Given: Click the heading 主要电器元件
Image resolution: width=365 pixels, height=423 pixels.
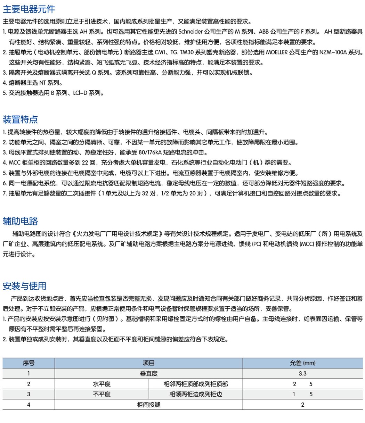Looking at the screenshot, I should pos(29,9).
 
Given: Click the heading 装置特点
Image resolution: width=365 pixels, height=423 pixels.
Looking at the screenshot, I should pos(20,119).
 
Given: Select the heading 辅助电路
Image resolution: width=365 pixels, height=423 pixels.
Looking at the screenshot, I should pos(20,221).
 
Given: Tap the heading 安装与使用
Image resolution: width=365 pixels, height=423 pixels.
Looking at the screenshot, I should pos(24,286).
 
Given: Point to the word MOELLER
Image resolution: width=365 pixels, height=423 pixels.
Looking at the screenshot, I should pos(278,52).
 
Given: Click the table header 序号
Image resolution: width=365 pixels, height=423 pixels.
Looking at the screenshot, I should pos(29,363).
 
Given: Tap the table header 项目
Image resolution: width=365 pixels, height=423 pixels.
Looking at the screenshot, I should pos(149,363).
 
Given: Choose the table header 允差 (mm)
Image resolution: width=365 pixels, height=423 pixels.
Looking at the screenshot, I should pos(302,363).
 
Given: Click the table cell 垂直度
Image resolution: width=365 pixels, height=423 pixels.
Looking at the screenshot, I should pos(149,374).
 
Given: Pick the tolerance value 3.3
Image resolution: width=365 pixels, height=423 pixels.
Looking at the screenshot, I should pos(302,374).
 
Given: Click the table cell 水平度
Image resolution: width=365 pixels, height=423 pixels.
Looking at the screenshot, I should pos(102,384).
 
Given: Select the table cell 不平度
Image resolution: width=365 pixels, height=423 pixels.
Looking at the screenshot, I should pos(102,394).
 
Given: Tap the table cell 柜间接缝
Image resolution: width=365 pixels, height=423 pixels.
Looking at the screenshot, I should pos(149,405).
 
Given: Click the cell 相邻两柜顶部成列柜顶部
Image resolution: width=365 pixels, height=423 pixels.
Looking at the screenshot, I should pos(196,384).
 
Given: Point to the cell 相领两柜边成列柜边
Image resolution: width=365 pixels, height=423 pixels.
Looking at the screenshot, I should pos(196,394).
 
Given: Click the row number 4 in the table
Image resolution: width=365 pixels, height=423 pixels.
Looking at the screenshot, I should pos(29,405).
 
